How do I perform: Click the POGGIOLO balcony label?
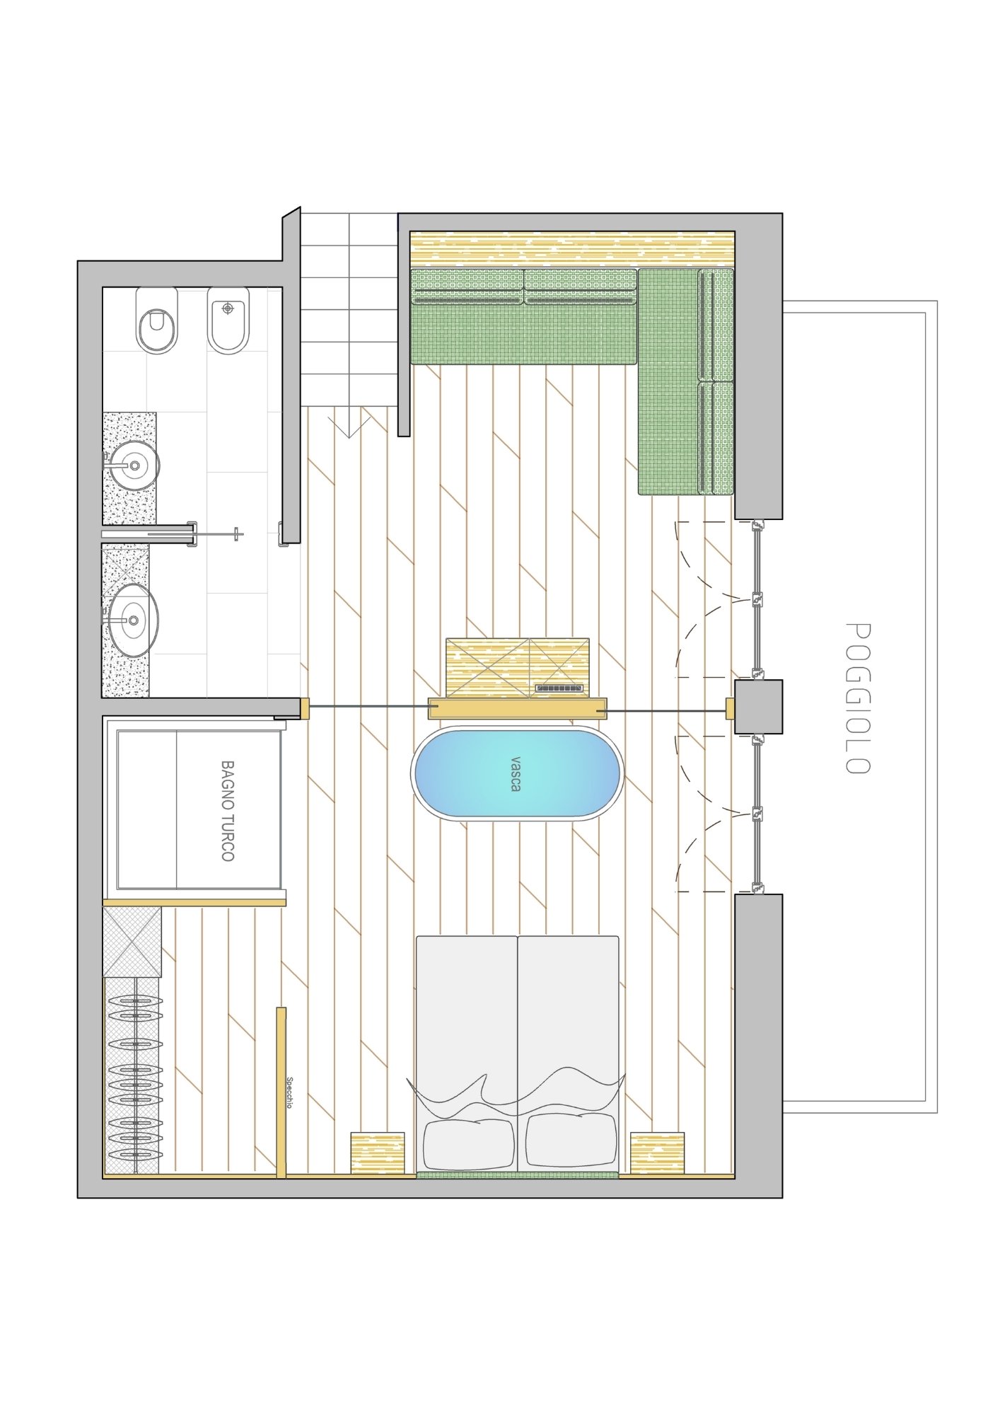pyautogui.click(x=858, y=698)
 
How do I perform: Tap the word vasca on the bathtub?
pyautogui.click(x=516, y=773)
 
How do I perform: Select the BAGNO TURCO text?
pyautogui.click(x=227, y=811)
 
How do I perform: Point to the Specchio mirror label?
pyautogui.click(x=289, y=1092)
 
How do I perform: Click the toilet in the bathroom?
pyautogui.click(x=157, y=320)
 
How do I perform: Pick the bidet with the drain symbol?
pyautogui.click(x=228, y=320)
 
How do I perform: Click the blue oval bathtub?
pyautogui.click(x=517, y=773)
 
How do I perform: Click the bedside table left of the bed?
pyautogui.click(x=378, y=1153)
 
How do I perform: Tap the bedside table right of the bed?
pyautogui.click(x=658, y=1153)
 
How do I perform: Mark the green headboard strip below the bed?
pyautogui.click(x=517, y=1175)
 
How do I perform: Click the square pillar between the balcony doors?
pyautogui.click(x=758, y=706)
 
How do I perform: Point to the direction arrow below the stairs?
pyautogui.click(x=349, y=427)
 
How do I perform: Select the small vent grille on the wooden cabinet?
pyautogui.click(x=559, y=688)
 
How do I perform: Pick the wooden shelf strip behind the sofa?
pyautogui.click(x=573, y=249)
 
